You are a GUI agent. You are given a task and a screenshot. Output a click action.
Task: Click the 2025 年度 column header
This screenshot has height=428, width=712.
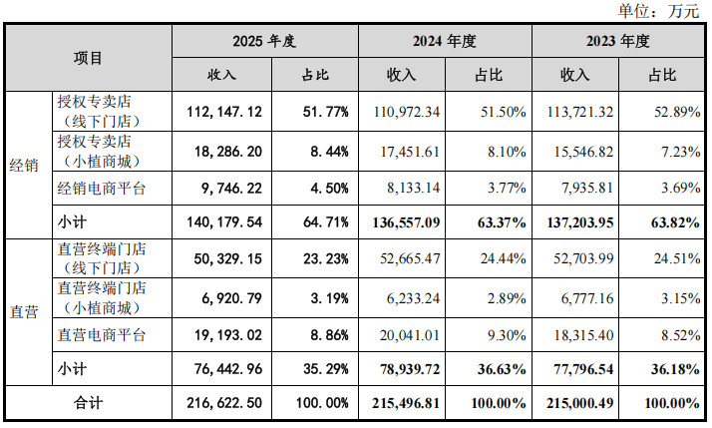click(264, 41)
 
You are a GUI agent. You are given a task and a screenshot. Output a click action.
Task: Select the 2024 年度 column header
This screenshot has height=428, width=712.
click(444, 41)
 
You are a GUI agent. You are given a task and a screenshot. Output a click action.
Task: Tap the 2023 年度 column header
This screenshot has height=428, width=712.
click(617, 41)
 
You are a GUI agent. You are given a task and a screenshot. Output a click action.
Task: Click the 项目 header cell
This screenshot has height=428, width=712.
click(88, 58)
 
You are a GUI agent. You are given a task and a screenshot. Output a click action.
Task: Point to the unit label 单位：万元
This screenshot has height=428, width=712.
click(658, 11)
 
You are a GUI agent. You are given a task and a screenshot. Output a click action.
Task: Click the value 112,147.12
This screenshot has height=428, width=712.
click(224, 112)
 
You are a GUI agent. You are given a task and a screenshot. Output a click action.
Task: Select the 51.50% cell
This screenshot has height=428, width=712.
click(504, 112)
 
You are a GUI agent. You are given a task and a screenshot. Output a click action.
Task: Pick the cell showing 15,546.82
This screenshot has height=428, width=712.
click(583, 152)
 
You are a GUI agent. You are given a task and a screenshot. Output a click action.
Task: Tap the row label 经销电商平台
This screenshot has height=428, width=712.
click(102, 189)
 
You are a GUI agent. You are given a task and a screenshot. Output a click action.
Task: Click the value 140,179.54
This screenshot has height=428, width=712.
click(224, 222)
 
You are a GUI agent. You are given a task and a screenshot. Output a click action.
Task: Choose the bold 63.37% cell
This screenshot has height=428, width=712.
click(502, 222)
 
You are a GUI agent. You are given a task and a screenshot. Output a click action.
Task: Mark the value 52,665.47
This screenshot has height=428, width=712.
click(410, 258)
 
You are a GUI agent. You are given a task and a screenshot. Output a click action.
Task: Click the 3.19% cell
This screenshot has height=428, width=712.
click(330, 298)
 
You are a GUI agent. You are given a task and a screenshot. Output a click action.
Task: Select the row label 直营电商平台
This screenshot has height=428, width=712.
click(102, 335)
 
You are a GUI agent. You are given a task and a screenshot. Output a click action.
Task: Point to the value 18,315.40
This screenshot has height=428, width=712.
click(583, 335)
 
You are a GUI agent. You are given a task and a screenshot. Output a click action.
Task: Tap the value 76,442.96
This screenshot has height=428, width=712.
click(228, 369)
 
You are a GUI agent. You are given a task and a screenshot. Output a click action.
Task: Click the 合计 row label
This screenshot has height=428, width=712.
click(88, 402)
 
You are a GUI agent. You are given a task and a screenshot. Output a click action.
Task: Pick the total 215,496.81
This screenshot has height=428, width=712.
click(406, 403)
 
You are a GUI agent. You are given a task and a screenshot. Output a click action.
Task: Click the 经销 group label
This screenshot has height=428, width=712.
click(24, 166)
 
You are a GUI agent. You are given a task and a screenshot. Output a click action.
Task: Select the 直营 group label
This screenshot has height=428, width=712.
click(24, 312)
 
